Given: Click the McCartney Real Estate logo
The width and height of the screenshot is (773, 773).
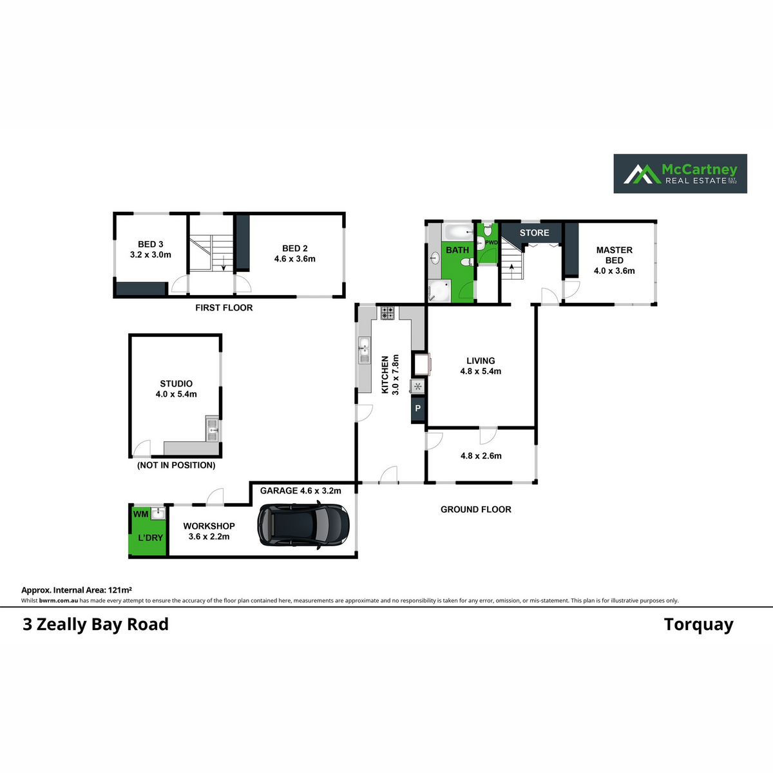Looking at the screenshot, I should (680, 173).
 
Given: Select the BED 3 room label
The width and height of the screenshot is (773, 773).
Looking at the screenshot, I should (151, 249).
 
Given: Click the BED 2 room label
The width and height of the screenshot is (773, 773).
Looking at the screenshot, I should (295, 253).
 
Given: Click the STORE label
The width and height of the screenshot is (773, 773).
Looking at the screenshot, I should (534, 233).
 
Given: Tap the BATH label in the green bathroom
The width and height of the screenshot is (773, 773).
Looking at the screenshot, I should (457, 250).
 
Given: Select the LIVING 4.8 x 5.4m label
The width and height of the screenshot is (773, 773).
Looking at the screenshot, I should (481, 366).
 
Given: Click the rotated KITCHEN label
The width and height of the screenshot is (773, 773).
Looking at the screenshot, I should (390, 374).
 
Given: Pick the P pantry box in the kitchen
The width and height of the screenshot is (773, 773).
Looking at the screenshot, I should (417, 408).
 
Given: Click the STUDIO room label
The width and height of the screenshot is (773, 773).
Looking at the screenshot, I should (176, 388).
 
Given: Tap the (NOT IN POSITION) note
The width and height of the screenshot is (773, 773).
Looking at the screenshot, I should (176, 465).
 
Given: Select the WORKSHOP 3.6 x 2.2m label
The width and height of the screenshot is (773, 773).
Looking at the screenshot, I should (209, 531).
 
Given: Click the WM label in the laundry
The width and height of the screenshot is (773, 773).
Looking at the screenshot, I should (140, 514).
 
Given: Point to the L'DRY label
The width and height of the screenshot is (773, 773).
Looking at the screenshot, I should (150, 537).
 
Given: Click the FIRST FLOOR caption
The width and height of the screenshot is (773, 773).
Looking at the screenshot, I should (224, 308).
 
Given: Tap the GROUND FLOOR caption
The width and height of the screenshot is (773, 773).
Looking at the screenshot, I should (475, 510).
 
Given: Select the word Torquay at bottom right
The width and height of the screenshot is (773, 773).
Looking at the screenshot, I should (698, 625).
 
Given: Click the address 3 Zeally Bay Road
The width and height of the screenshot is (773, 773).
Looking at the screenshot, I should (95, 625).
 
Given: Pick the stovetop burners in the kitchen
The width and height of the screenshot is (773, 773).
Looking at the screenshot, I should (387, 313).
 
